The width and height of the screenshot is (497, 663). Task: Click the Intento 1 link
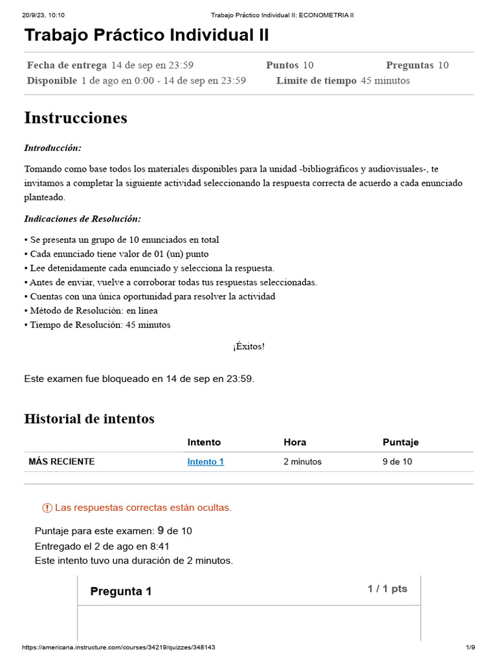pos(206,462)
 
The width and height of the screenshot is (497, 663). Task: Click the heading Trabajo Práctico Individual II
pos(147,35)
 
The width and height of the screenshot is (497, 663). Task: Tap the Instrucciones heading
pos(76,118)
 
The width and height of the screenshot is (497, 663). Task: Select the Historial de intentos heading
pos(89,419)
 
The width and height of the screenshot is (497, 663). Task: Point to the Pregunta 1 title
pos(121,591)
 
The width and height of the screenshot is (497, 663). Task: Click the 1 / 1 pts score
pos(387,589)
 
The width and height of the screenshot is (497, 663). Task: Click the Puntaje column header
pos(401,442)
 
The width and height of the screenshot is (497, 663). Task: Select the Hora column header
pos(295,442)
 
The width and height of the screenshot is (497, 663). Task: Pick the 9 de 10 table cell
pos(397,462)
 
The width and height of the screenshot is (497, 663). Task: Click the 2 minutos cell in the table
pos(302,462)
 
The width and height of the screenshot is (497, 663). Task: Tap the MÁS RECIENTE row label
pos(61,462)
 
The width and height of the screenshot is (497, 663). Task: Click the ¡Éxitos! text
pos(248,346)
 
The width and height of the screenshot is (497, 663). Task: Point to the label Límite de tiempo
pos(316,81)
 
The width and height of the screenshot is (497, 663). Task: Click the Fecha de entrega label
pos(67,65)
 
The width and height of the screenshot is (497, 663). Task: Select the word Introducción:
pos(53,148)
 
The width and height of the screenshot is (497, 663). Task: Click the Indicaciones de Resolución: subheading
pos(82,219)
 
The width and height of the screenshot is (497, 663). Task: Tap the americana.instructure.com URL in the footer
pos(118,647)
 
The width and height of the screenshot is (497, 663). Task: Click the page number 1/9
pos(470,647)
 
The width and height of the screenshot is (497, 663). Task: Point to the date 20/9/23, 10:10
pos(39,15)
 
